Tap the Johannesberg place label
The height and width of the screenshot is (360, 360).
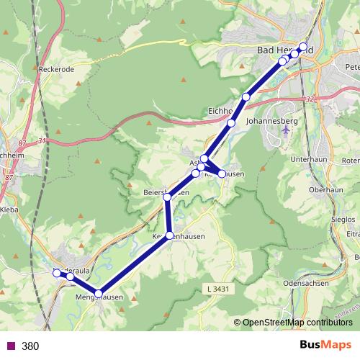click(x=272, y=122)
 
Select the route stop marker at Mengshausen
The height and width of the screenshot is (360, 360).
click(x=99, y=292)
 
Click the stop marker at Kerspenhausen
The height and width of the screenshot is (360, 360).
click(x=170, y=235)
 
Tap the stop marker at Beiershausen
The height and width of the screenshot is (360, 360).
click(x=168, y=196)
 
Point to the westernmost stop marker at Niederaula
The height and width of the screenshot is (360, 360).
click(x=56, y=272)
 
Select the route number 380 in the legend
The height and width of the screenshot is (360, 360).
click(x=30, y=346)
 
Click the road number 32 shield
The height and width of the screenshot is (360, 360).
click(x=310, y=99)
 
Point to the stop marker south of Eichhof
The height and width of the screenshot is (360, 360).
click(x=231, y=123)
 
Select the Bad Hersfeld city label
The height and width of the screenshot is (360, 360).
click(x=284, y=49)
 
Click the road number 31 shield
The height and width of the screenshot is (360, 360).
click(x=41, y=140)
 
